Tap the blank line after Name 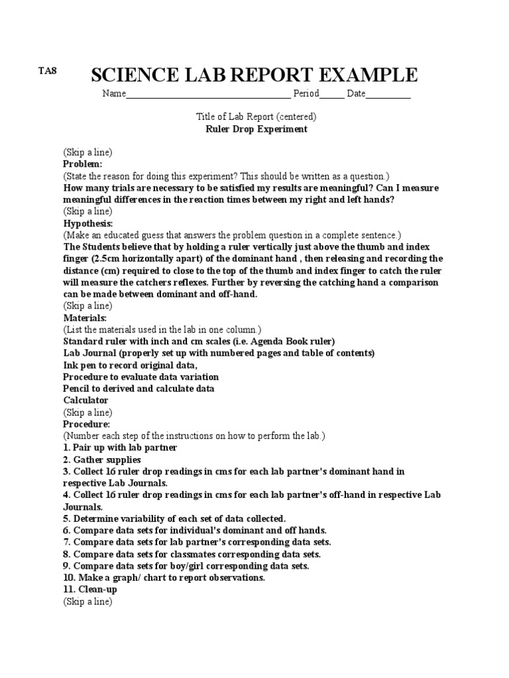[x=207, y=95]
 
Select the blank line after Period [x=332, y=95]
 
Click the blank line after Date [x=388, y=95]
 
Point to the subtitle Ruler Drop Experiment [x=256, y=129]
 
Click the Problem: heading [x=83, y=164]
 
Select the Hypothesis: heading [x=88, y=223]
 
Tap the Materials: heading [x=85, y=318]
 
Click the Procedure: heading [x=87, y=424]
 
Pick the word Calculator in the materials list [x=85, y=401]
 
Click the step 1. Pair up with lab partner [x=120, y=448]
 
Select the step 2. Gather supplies [x=102, y=460]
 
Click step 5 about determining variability [x=174, y=518]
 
